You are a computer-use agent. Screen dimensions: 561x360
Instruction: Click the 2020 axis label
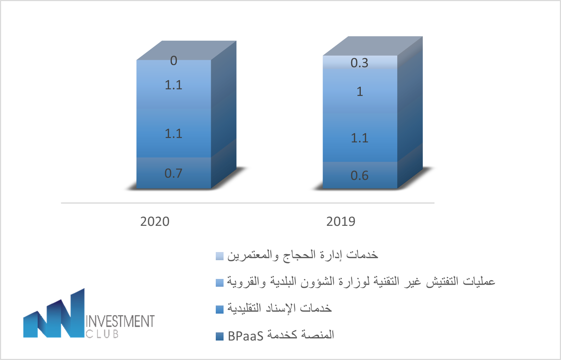(x=155, y=222)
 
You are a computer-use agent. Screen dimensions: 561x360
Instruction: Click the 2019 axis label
(x=341, y=222)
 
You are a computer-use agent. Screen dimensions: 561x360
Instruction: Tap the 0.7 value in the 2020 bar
(x=173, y=173)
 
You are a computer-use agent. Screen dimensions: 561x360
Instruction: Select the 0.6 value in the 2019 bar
(x=360, y=176)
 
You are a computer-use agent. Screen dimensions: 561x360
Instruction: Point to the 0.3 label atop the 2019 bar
(x=359, y=63)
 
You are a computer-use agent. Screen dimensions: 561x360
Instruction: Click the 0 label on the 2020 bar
(x=174, y=61)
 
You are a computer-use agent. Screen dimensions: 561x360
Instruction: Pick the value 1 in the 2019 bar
(x=360, y=91)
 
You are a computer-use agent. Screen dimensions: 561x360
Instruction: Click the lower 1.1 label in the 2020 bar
(x=173, y=133)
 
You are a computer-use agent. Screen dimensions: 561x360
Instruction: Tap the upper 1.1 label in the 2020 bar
(x=173, y=85)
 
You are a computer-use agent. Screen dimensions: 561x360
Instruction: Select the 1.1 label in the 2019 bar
(x=360, y=138)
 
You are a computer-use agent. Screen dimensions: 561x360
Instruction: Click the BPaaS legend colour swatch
(x=219, y=336)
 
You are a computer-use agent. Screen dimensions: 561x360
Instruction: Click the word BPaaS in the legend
(x=245, y=336)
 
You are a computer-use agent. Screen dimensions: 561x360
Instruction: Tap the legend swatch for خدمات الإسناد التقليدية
(x=219, y=309)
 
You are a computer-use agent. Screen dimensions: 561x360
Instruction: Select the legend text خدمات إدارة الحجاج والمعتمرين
(x=302, y=255)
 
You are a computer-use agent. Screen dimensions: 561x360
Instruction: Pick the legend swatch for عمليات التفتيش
(x=219, y=283)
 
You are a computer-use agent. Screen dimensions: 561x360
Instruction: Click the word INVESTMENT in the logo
(x=120, y=322)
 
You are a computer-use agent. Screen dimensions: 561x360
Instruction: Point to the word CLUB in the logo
(x=102, y=334)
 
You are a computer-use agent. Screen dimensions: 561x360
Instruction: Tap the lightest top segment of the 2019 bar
(x=360, y=62)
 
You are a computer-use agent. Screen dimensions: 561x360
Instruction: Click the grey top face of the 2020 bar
(x=186, y=50)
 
